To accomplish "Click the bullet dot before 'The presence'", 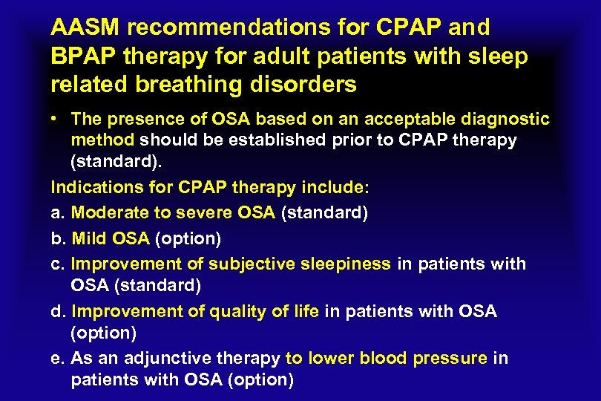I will (x=55, y=120).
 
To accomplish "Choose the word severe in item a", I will (x=203, y=212).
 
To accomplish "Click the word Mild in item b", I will (x=90, y=238).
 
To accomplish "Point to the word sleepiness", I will (x=347, y=264).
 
